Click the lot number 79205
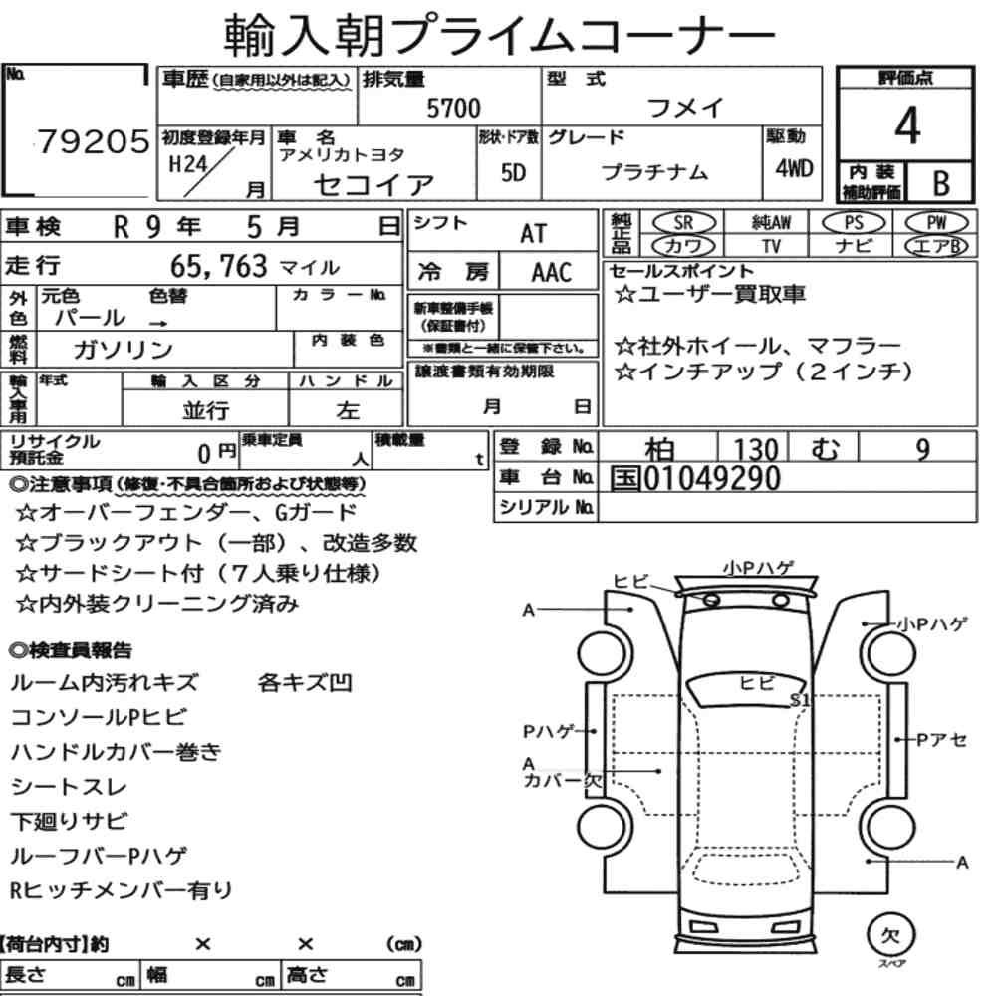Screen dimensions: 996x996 (x=94, y=141)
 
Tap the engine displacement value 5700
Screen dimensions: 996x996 (x=453, y=108)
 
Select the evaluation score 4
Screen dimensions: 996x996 (x=907, y=125)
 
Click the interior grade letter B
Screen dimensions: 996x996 (x=941, y=183)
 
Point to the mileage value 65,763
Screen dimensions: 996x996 (x=218, y=266)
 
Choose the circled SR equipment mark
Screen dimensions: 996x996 (x=683, y=223)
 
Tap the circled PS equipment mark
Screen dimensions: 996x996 (x=854, y=223)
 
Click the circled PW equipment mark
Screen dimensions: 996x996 (x=936, y=223)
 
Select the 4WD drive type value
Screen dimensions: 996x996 (x=794, y=169)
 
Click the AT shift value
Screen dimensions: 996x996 (x=533, y=234)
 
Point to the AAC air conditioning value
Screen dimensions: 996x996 (x=552, y=273)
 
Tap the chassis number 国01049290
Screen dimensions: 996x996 (x=695, y=478)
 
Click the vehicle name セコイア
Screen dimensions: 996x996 (x=373, y=185)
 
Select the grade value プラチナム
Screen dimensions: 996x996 (x=654, y=172)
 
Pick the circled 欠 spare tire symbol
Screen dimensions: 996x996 (x=890, y=935)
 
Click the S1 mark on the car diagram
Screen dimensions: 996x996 (x=800, y=700)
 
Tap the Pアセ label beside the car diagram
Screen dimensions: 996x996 (x=942, y=740)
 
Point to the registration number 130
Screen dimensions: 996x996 (x=756, y=450)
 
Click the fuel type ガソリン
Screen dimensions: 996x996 (x=124, y=349)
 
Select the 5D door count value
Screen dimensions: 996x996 (x=513, y=172)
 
